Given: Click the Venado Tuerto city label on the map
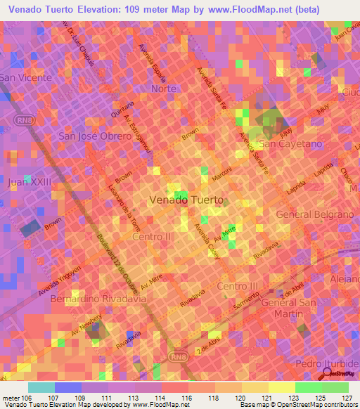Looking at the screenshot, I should point(187,200).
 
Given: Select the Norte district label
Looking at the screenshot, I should point(164,89).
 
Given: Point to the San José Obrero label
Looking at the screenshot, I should point(95,136).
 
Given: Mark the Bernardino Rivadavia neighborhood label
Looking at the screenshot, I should point(98,299).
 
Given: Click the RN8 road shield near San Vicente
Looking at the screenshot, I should point(22,122).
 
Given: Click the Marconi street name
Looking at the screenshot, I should point(222,177).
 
